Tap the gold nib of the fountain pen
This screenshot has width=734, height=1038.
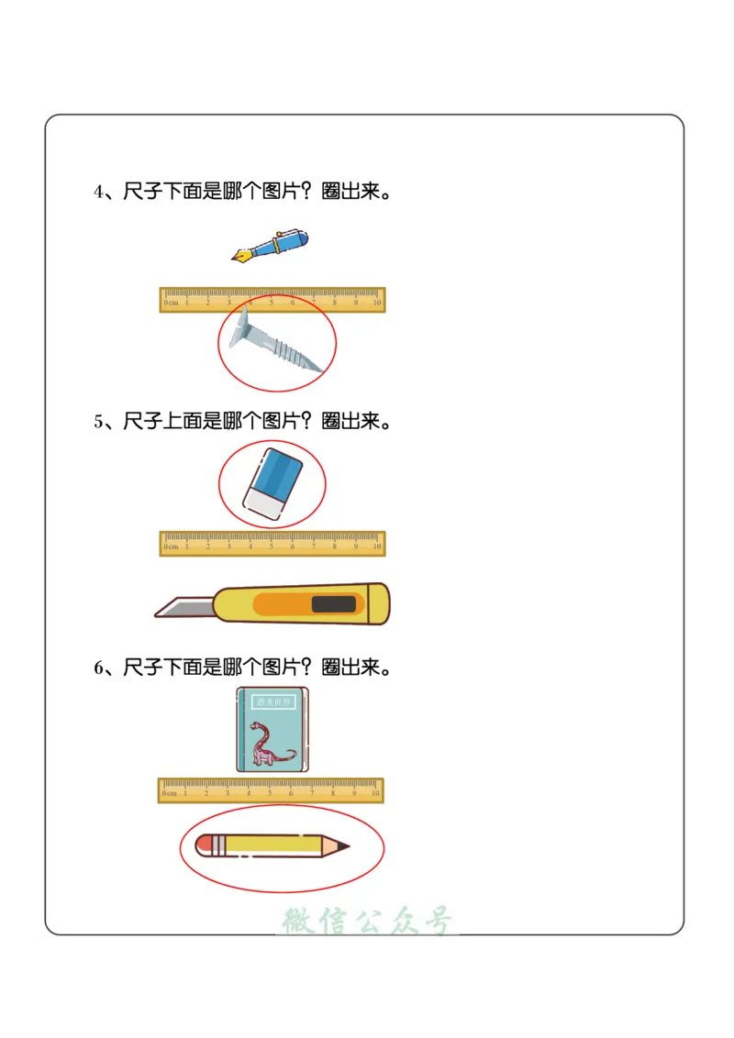pyautogui.click(x=241, y=256)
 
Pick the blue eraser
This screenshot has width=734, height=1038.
pyautogui.click(x=272, y=483)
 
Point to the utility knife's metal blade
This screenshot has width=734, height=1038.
pyautogui.click(x=183, y=607)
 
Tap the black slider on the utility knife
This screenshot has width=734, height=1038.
pyautogui.click(x=333, y=604)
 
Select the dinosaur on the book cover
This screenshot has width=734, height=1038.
pyautogui.click(x=272, y=744)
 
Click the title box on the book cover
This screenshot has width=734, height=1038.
pyautogui.click(x=272, y=702)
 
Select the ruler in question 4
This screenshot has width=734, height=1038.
pyautogui.click(x=272, y=300)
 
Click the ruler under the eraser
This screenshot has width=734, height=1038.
pyautogui.click(x=272, y=544)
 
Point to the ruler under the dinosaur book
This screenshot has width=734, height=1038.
pyautogui.click(x=271, y=790)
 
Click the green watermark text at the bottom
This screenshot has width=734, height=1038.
pyautogui.click(x=367, y=921)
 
